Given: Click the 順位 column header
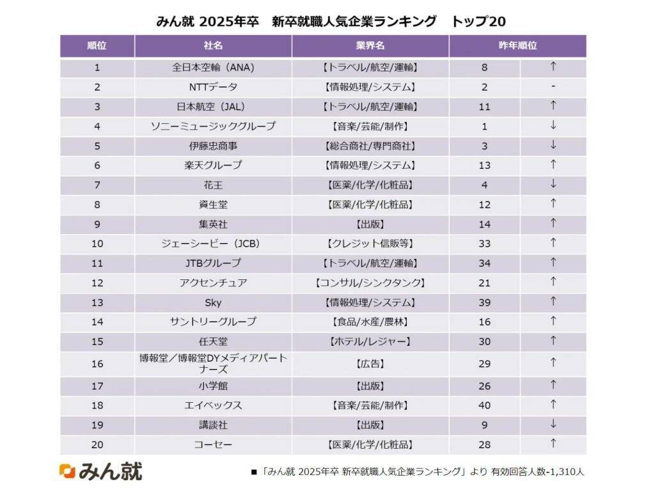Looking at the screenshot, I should tap(97, 46).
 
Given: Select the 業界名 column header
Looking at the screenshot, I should tap(370, 46).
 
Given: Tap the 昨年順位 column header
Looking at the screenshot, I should tap(517, 46).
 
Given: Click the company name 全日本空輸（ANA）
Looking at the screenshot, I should tap(213, 67).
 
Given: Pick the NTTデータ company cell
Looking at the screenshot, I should tap(213, 87).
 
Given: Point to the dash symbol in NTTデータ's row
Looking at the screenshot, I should tap(553, 86).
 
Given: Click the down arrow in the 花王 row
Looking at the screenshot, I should tap(553, 184).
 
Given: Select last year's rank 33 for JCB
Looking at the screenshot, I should tap(484, 244).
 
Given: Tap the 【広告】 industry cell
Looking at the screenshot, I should tap(370, 364).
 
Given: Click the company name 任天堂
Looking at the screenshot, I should tap(213, 341).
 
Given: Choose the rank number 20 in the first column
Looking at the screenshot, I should tap(97, 444).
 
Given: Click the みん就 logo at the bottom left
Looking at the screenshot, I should tap(100, 471).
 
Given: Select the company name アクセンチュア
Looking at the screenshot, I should tap(213, 283).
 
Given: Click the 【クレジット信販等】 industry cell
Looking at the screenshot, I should tap(370, 244).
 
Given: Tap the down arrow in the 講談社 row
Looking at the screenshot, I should tap(553, 424).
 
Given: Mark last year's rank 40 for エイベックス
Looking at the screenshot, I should tap(484, 405).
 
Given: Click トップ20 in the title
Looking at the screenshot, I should tap(478, 21).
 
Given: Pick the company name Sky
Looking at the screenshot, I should tap(213, 302).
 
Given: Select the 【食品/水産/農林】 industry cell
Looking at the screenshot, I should tap(370, 322).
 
